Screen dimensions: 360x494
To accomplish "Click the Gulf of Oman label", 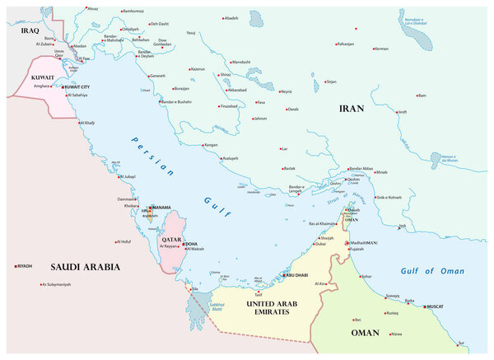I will [x=431, y=271].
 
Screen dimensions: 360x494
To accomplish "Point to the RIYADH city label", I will [x=25, y=266].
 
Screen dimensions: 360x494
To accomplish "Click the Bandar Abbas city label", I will [x=361, y=169].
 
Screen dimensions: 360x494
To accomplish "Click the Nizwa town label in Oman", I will [x=397, y=334].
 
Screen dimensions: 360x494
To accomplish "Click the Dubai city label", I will [x=320, y=244].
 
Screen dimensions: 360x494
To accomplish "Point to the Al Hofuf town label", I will [x=123, y=241].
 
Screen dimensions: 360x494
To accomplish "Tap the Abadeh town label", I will [x=231, y=17].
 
